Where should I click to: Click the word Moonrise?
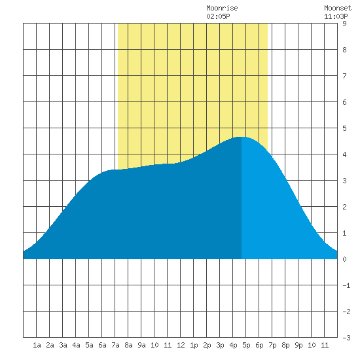[222, 8]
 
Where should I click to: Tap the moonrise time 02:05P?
[218, 16]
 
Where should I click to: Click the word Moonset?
[338, 8]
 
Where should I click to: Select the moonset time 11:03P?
[336, 16]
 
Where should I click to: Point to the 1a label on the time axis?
[37, 345]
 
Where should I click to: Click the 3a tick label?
[63, 345]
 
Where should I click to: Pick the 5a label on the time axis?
[89, 345]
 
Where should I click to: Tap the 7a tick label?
[115, 345]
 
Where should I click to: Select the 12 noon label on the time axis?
[181, 345]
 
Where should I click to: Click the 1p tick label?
[194, 345]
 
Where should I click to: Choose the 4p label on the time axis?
[233, 345]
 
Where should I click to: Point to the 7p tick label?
[272, 345]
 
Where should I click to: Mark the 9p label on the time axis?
[298, 345]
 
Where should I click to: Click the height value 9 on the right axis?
[344, 24]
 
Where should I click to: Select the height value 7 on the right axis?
[344, 76]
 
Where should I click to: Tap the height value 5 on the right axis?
[344, 128]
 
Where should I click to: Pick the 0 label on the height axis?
[344, 259]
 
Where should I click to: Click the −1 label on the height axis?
[346, 285]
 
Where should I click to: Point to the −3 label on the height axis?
[346, 338]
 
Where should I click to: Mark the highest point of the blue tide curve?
[242, 137]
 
